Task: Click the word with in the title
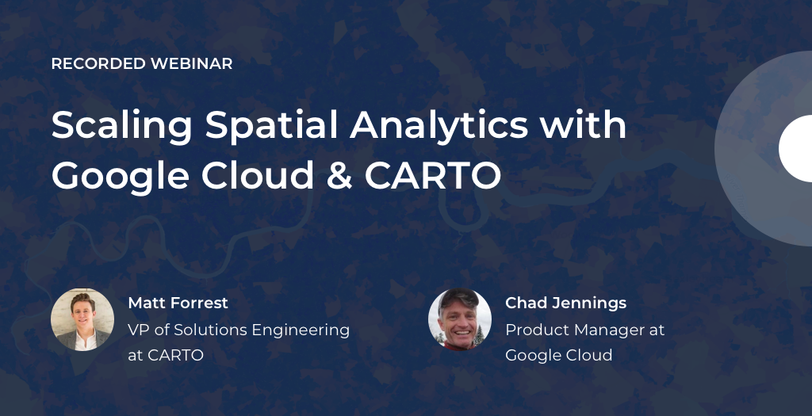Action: tap(583, 125)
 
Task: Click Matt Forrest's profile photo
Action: tap(82, 319)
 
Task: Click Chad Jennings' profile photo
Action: tap(460, 319)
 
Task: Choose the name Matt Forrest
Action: tap(178, 303)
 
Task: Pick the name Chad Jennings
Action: tap(565, 303)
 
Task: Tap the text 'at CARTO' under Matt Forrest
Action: tap(165, 355)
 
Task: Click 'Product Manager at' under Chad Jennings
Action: tap(584, 330)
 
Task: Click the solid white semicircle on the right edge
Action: tap(796, 148)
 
